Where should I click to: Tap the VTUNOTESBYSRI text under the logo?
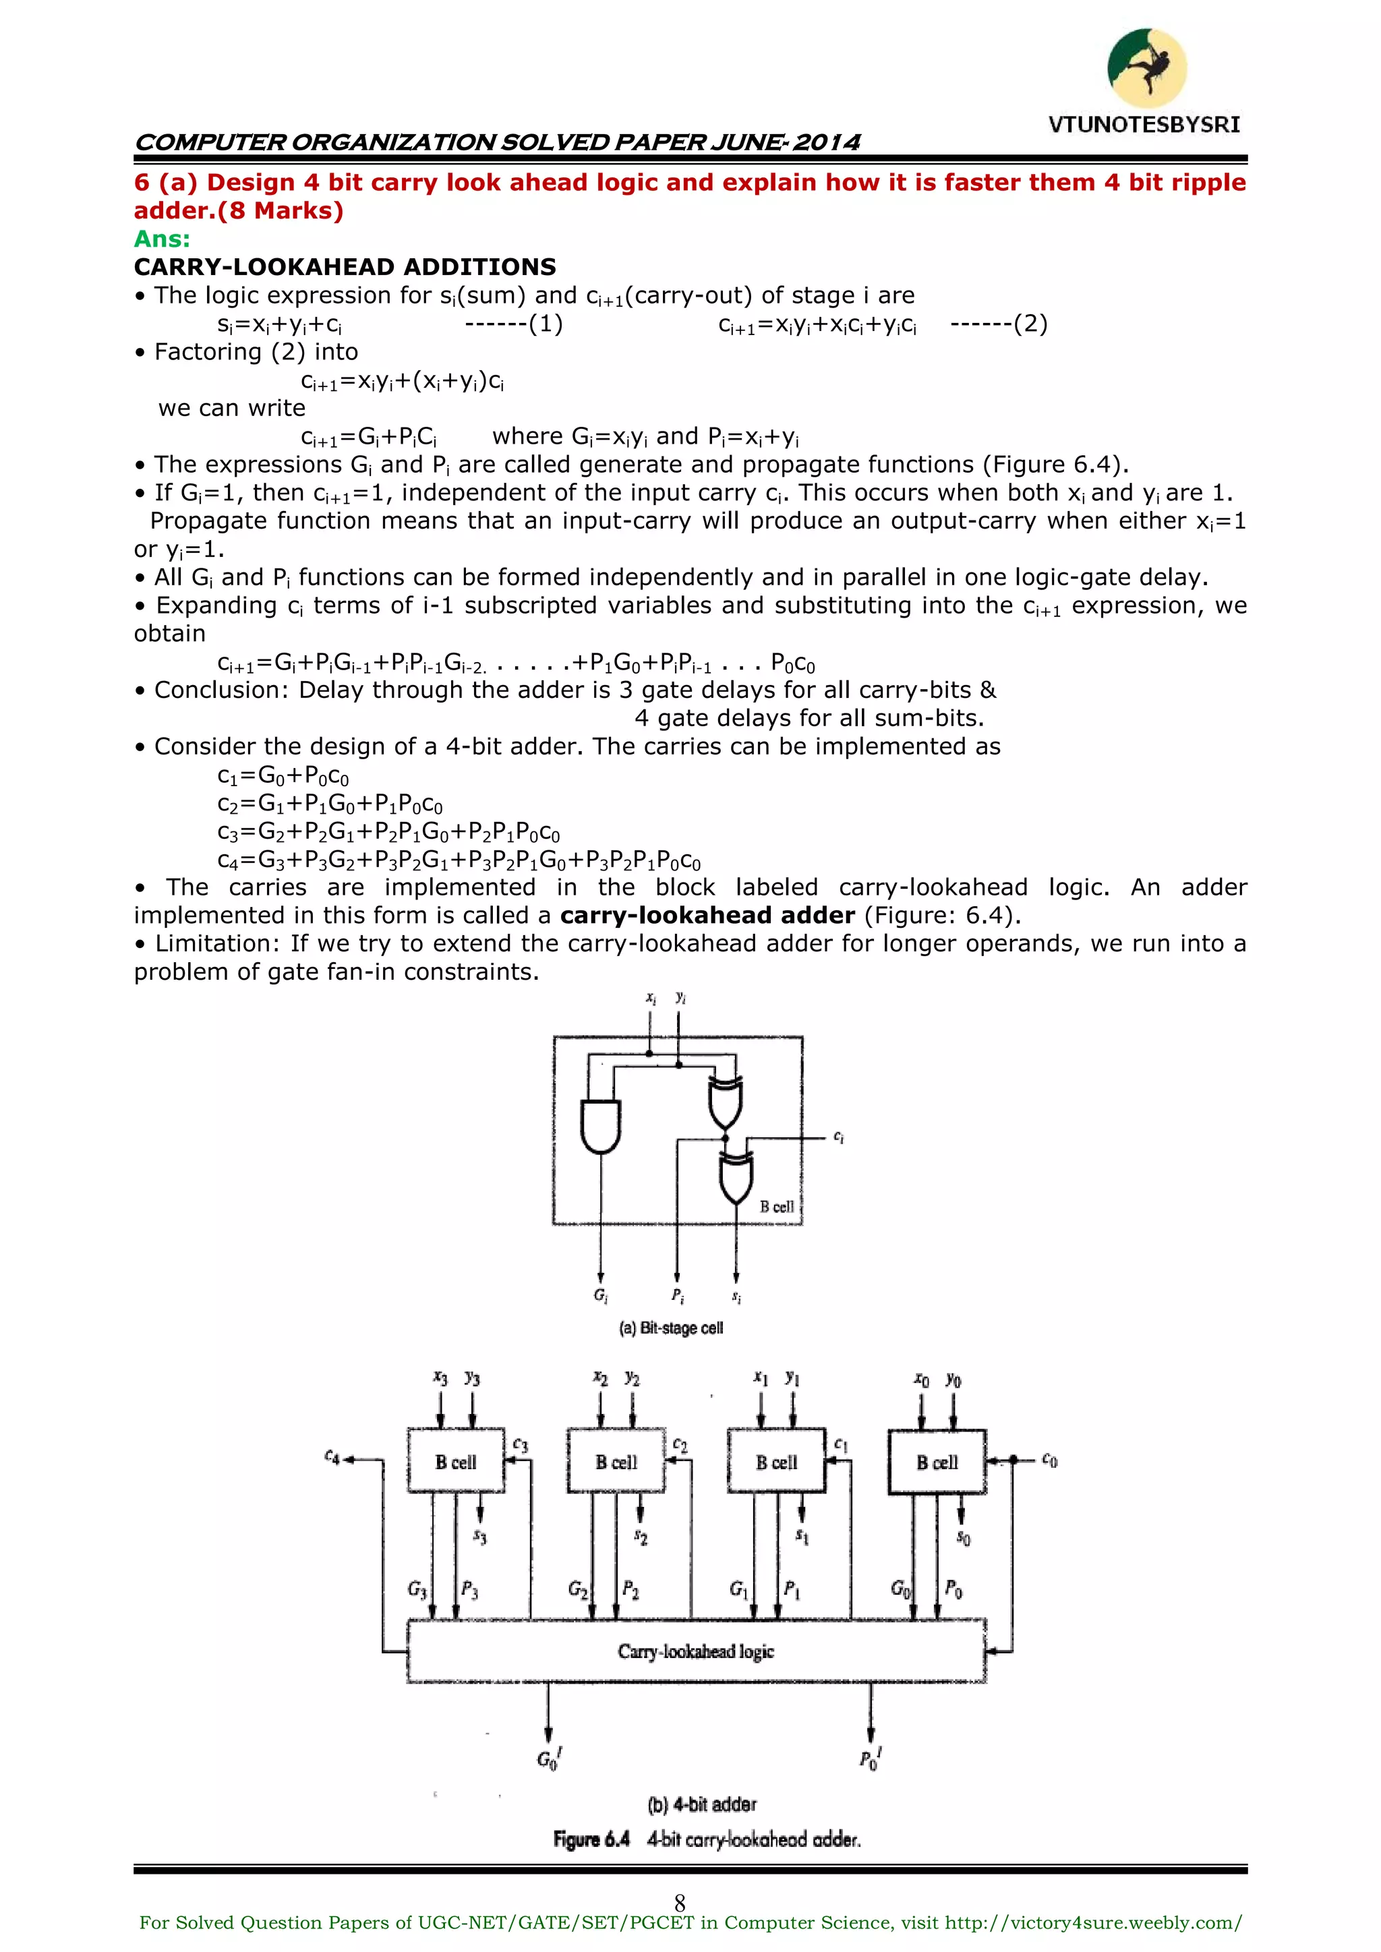pos(1144,125)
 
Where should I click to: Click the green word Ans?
pos(162,239)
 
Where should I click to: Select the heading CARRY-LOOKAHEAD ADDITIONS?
pos(345,267)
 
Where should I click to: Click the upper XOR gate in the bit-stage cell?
pos(726,1102)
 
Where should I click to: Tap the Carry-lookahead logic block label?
pos(696,1651)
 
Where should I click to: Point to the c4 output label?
pos(332,1457)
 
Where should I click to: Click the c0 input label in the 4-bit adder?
pos(1049,1460)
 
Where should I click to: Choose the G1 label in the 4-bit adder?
pos(738,1587)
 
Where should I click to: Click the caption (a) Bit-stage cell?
pos(671,1328)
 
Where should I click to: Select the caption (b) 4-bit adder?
pos(701,1804)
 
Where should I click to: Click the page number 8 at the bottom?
pos(680,1903)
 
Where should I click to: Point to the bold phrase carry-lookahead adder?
pos(707,915)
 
